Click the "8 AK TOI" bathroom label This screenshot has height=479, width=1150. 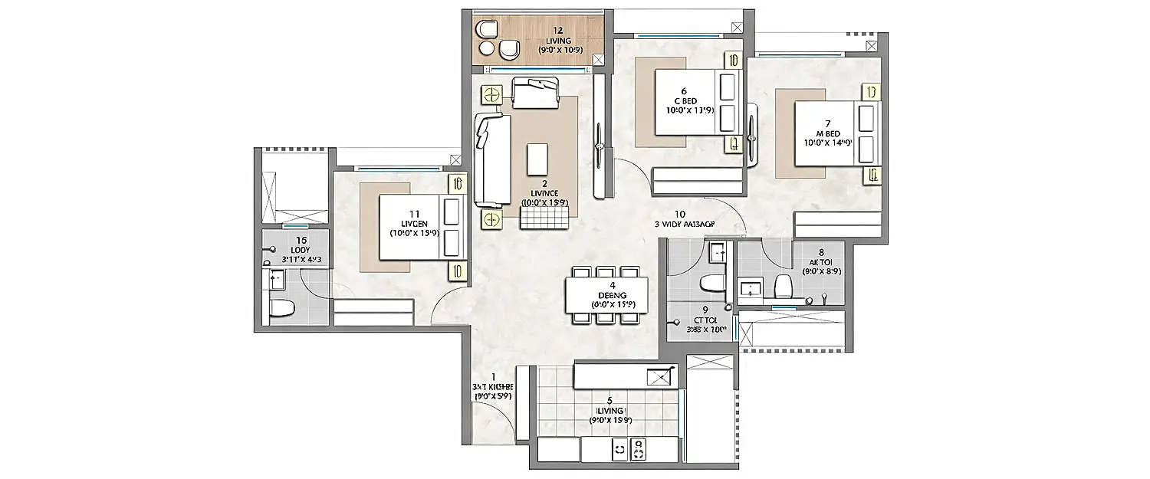(x=821, y=261)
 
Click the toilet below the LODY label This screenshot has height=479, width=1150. (x=281, y=310)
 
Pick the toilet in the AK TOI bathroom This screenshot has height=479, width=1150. (x=783, y=287)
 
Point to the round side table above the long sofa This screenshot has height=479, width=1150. (x=491, y=95)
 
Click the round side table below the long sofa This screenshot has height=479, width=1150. (x=491, y=220)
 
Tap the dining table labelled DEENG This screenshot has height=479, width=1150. (x=606, y=294)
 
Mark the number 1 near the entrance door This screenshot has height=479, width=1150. (x=493, y=376)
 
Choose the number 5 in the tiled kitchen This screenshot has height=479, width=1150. (x=609, y=399)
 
